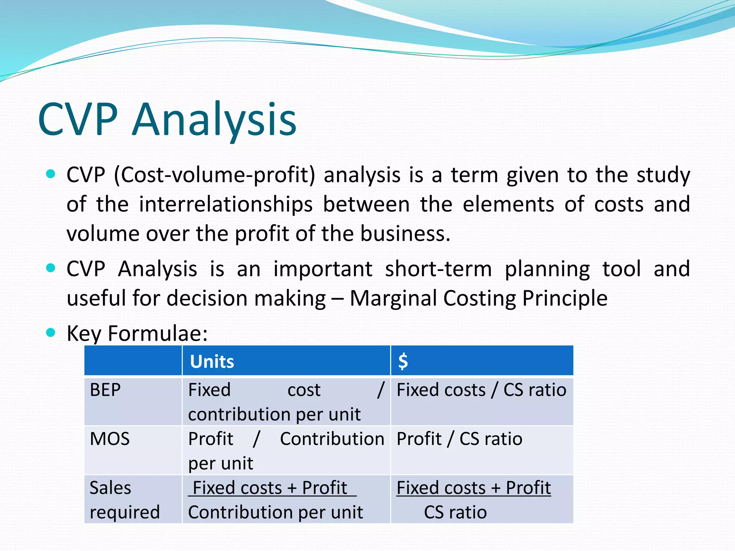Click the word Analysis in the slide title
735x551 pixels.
pyautogui.click(x=214, y=119)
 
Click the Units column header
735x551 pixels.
pyautogui.click(x=212, y=361)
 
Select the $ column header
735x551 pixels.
pyautogui.click(x=403, y=361)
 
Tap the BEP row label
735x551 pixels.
pyautogui.click(x=105, y=390)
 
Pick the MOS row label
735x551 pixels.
pyautogui.click(x=109, y=439)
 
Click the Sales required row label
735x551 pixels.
pyautogui.click(x=124, y=500)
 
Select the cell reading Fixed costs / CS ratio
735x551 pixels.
pyautogui.click(x=481, y=390)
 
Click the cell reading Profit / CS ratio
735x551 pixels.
pyautogui.click(x=459, y=439)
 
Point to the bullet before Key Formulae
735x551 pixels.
pyautogui.click(x=51, y=333)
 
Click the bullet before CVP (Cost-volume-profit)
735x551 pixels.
pyautogui.click(x=51, y=175)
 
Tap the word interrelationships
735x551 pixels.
pyautogui.click(x=226, y=204)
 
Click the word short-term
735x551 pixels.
pyautogui.click(x=438, y=269)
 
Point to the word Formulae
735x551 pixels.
pyautogui.click(x=158, y=333)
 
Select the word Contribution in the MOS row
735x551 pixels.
pyautogui.click(x=332, y=439)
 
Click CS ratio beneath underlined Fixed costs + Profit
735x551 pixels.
pyautogui.click(x=455, y=512)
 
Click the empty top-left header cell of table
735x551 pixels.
pyautogui.click(x=133, y=361)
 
